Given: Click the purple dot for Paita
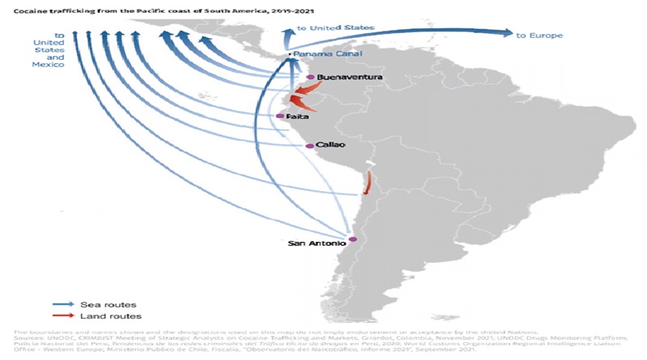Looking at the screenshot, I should click(x=280, y=116).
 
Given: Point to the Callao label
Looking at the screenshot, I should click(x=332, y=145).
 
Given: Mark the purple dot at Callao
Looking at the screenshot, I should click(x=310, y=146).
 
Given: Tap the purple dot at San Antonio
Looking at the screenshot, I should click(x=353, y=240).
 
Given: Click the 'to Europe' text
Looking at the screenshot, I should click(x=539, y=36).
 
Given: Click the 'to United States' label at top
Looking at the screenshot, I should click(x=336, y=28).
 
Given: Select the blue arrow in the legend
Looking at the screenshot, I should click(x=54, y=305).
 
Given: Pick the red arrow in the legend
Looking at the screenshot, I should click(x=54, y=316).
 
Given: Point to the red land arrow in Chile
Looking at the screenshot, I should click(x=367, y=182).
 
